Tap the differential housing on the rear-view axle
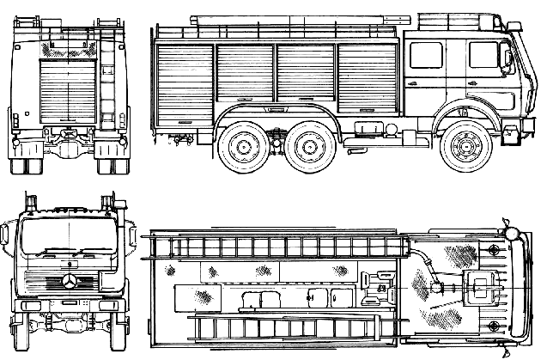[69, 137]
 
